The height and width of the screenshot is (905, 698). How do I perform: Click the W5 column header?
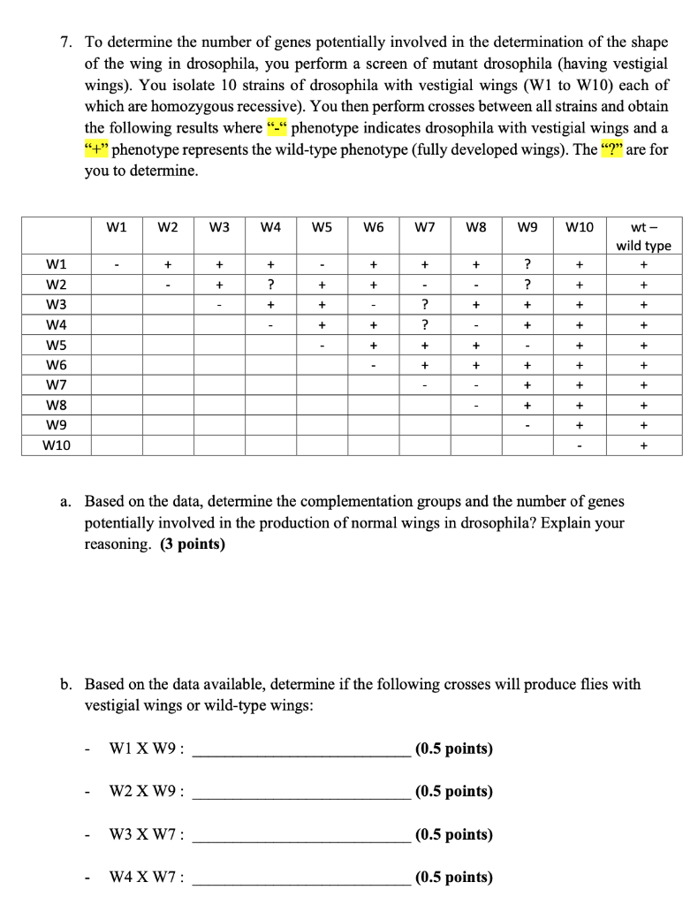coord(322,226)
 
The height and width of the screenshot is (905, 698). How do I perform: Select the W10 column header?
coord(579,226)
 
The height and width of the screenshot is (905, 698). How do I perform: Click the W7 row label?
coord(56,385)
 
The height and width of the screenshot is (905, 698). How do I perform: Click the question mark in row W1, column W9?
coord(527,264)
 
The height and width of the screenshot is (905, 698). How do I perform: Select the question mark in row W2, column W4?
coord(272,285)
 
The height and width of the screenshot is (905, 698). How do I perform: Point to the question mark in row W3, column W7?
coord(425,305)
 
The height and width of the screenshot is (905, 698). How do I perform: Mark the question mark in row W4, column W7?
coord(425,325)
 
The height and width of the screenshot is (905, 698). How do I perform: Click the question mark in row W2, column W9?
coord(527,285)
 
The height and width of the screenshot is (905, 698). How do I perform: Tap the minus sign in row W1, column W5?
coord(323,264)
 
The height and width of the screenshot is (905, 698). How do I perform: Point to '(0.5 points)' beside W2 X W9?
coord(453,792)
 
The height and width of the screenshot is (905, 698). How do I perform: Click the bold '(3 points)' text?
coord(193,544)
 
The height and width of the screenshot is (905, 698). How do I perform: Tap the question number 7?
coord(66,42)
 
